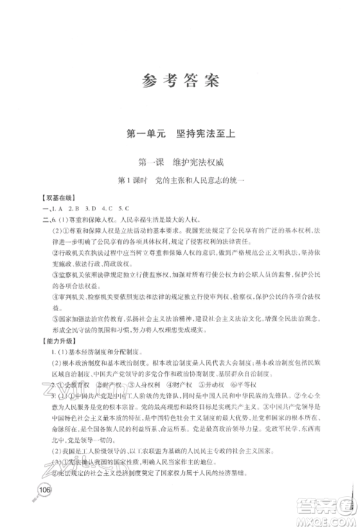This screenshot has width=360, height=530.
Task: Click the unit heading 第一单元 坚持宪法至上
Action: [x=180, y=134]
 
